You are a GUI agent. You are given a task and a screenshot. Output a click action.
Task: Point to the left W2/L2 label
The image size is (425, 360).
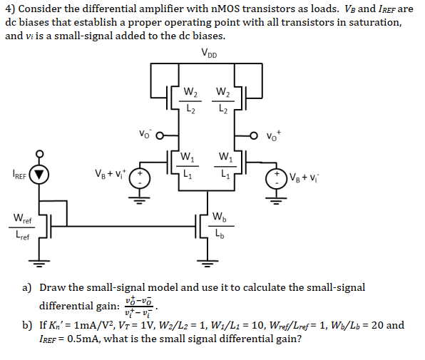190,100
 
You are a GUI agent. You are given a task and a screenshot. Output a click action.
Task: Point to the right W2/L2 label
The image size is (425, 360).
222,100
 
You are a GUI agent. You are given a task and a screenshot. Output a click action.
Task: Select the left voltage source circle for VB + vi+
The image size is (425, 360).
140,176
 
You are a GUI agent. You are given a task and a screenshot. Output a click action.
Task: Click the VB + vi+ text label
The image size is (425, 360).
110,173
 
